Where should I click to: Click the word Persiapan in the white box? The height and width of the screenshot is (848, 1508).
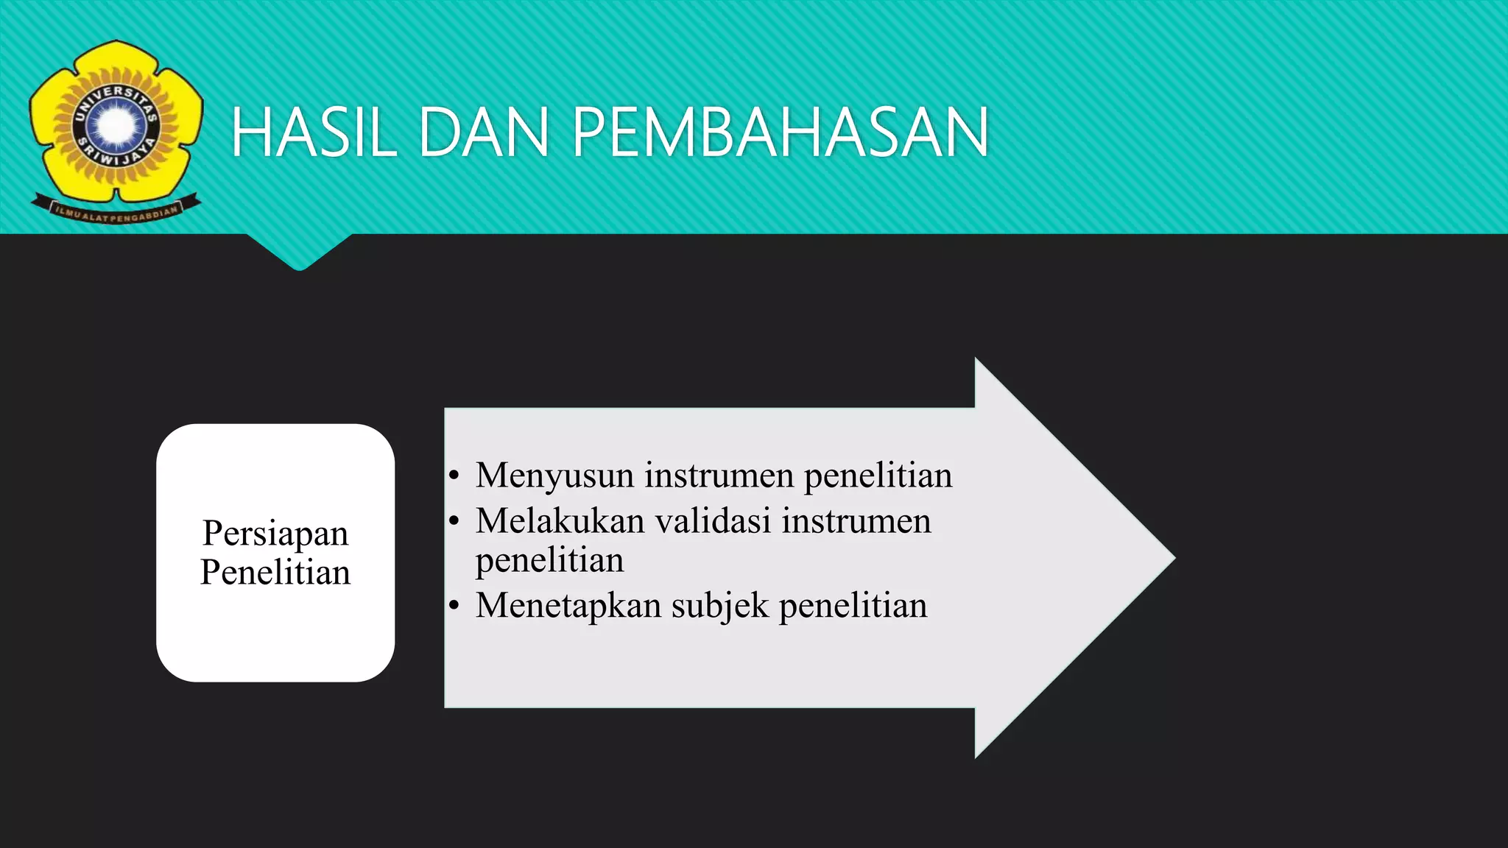[x=275, y=534]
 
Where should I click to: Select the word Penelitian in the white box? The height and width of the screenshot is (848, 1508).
[x=275, y=573]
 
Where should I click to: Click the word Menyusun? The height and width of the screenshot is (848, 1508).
[x=554, y=476]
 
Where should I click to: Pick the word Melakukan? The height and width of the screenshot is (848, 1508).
[x=560, y=521]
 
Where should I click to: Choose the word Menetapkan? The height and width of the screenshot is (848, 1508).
[x=568, y=606]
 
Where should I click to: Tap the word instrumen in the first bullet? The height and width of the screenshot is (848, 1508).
[x=719, y=476]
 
